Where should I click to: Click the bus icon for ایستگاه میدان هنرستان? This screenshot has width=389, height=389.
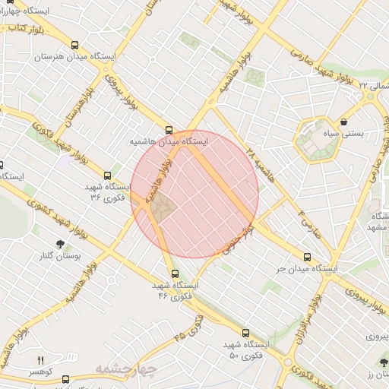pos(74,45)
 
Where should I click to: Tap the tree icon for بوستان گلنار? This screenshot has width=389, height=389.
pos(60,244)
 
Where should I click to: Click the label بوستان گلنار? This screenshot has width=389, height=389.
pos(59,257)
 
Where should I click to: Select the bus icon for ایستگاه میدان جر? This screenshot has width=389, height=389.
pos(307,257)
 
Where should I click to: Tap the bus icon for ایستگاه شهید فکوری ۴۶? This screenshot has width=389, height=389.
pos(175,274)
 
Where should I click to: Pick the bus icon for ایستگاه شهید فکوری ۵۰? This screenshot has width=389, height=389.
pos(245,332)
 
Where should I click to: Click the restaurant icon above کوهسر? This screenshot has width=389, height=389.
pos(41,360)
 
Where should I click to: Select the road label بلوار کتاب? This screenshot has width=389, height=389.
pos(23,27)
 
